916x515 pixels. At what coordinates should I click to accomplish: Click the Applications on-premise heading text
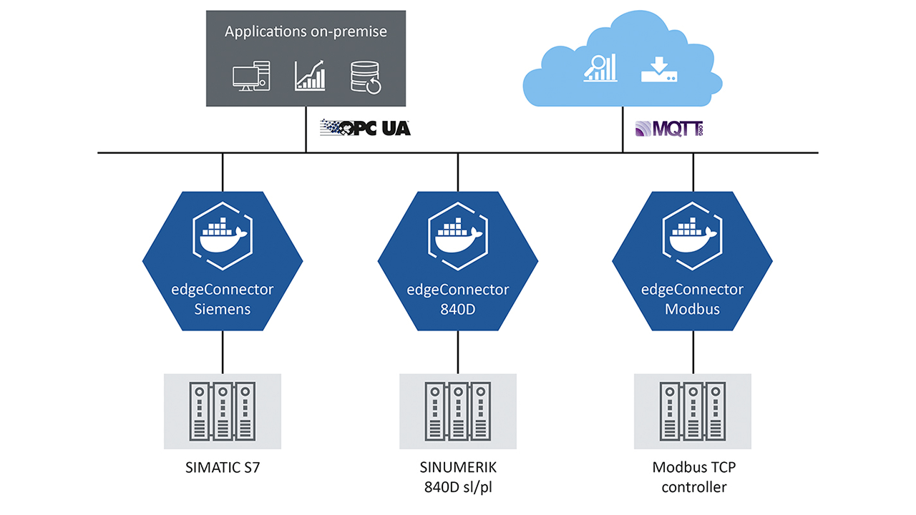306,31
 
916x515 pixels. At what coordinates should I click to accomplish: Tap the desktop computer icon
251,76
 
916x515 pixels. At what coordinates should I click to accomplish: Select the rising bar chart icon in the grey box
310,75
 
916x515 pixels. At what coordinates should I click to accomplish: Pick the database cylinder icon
366,76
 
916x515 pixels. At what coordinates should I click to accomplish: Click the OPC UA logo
365,128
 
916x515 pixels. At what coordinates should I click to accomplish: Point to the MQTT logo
668,129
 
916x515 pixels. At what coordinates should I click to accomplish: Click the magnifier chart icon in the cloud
600,67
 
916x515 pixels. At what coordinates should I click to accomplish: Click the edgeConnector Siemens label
223,300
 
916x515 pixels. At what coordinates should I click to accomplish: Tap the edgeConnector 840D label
457,300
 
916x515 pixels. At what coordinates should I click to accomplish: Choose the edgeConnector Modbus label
692,300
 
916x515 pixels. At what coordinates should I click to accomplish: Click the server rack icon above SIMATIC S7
223,411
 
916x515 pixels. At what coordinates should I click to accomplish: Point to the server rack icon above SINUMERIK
457,411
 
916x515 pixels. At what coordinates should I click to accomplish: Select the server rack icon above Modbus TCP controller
692,411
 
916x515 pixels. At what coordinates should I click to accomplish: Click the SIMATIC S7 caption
223,469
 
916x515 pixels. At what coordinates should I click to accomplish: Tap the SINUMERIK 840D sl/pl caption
457,478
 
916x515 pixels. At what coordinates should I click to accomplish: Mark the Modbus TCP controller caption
692,478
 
